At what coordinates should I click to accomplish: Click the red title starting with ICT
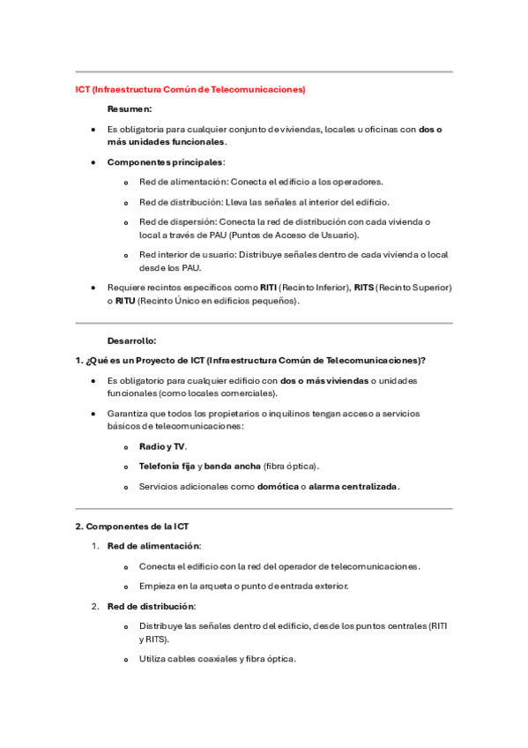pos(190,89)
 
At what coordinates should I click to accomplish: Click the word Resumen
pos(129,109)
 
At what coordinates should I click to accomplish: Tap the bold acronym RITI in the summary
pos(268,288)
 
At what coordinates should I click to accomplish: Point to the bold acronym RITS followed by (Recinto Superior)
pos(363,288)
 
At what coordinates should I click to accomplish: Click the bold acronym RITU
pos(125,301)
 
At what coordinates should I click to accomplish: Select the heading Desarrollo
pos(132,340)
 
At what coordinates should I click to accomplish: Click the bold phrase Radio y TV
pos(162,446)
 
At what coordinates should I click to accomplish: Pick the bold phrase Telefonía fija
pos(167,466)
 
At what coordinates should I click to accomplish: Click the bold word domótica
pos(277,486)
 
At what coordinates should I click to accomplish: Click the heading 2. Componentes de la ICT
pos(131,527)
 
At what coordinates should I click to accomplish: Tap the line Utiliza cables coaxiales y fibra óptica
pos(217,659)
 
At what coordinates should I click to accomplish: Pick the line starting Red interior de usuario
pos(293,255)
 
